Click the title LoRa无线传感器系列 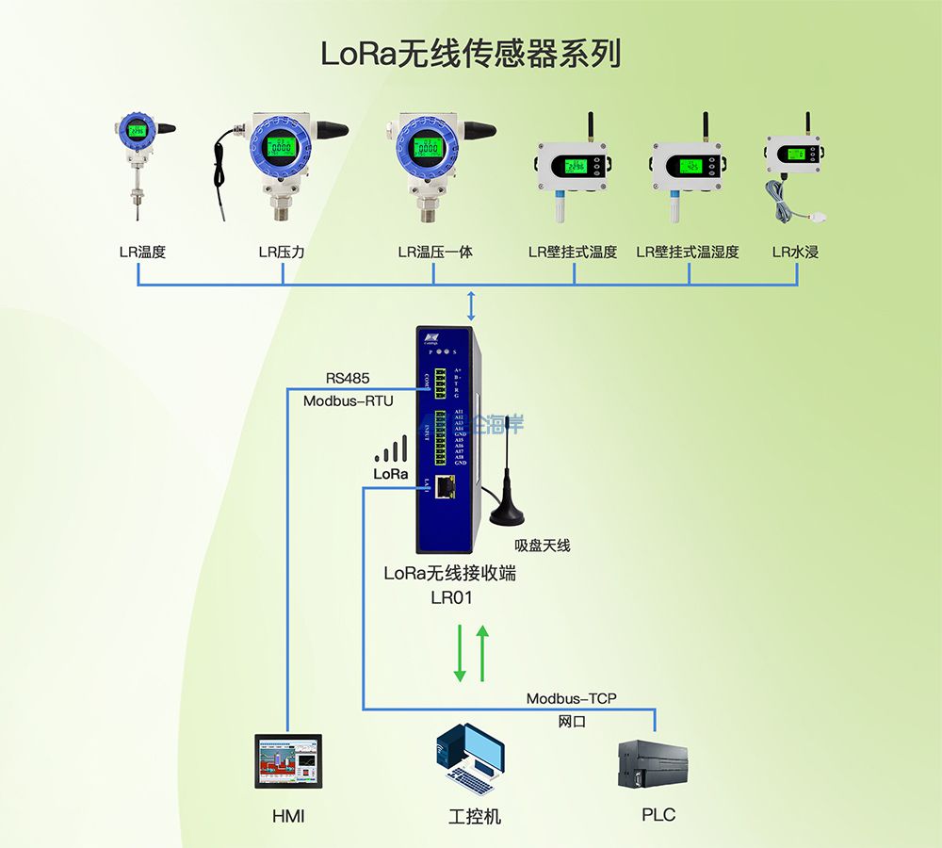[471, 54]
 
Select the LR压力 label [282, 252]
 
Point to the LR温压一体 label [434, 252]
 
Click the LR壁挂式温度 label [573, 252]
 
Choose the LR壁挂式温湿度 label [688, 252]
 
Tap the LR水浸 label [795, 252]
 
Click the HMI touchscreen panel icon [288, 761]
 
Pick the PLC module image [652, 764]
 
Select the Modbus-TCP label [572, 698]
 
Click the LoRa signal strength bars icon [391, 449]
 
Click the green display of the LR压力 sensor [278, 148]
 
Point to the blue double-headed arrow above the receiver [472, 306]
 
